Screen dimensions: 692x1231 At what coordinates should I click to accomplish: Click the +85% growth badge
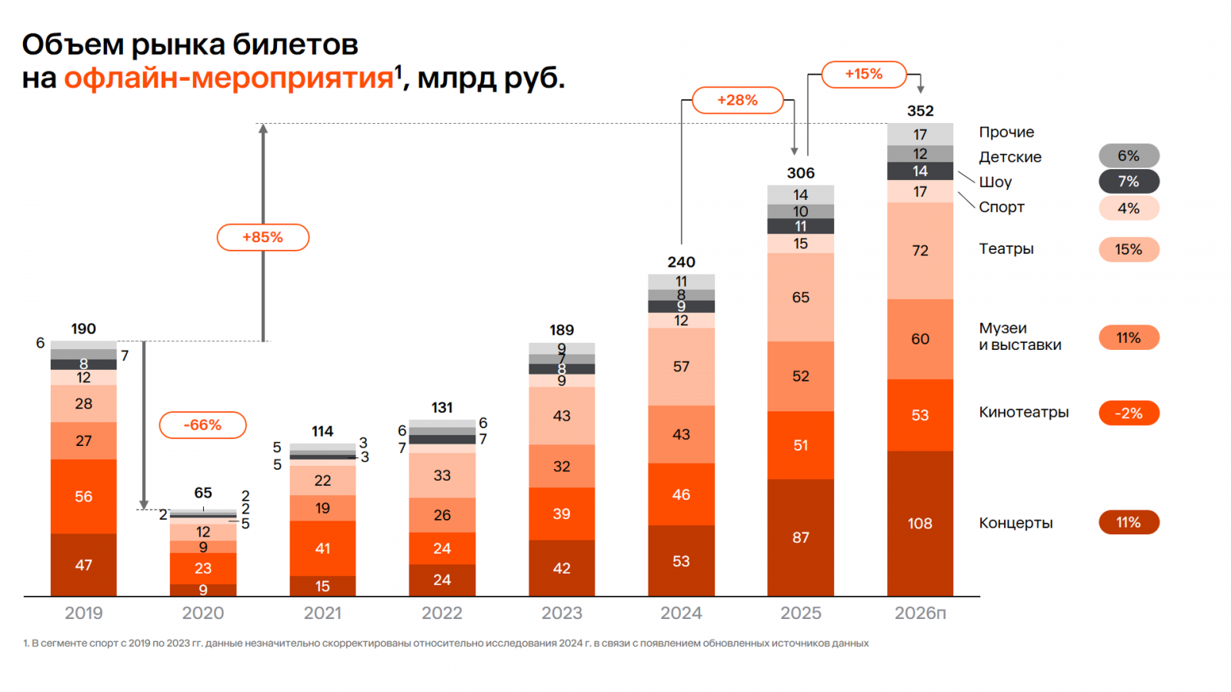(x=262, y=238)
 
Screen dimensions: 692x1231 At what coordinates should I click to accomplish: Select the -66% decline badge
(x=202, y=425)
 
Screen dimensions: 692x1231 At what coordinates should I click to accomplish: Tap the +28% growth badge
(x=737, y=101)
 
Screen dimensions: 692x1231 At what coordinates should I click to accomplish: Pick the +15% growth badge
(x=863, y=75)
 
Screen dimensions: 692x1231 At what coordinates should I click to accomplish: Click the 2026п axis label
(x=920, y=614)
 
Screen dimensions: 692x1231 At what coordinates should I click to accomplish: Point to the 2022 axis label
(x=442, y=614)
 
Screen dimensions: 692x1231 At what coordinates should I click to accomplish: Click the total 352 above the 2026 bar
(x=920, y=111)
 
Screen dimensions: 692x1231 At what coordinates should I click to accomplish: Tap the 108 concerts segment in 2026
(x=920, y=524)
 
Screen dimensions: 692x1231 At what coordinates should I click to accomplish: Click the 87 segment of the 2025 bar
(x=800, y=537)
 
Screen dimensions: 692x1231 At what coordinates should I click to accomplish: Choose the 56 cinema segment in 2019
(x=83, y=497)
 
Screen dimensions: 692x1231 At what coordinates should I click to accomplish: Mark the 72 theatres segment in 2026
(x=920, y=251)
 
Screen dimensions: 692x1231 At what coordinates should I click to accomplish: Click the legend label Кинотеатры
(x=1023, y=413)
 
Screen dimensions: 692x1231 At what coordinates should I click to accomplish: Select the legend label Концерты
(x=1016, y=524)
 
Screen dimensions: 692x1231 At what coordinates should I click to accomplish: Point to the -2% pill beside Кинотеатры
(x=1128, y=414)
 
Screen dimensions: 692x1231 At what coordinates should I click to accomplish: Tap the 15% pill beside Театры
(x=1128, y=250)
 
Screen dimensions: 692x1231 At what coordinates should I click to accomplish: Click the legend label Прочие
(x=1006, y=132)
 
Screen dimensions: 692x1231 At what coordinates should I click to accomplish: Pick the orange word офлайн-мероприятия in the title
(x=229, y=78)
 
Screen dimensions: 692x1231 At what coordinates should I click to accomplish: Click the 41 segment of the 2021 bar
(x=322, y=549)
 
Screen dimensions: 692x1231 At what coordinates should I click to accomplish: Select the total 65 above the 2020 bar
(x=202, y=493)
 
